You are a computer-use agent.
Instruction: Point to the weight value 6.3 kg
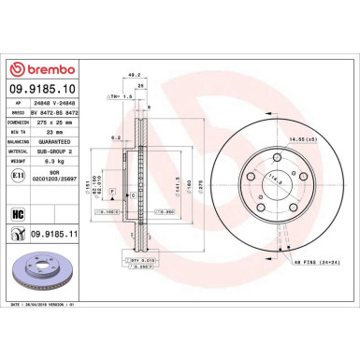point(47,161)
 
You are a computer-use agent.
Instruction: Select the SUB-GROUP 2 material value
point(53,149)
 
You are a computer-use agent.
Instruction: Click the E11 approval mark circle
point(18,175)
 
